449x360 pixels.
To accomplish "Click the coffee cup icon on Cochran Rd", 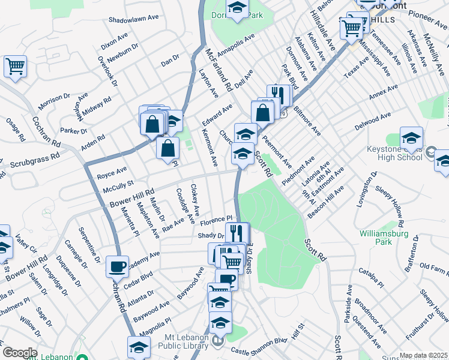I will pos(117,266).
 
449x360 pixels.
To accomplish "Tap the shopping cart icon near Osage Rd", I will pos(15,66).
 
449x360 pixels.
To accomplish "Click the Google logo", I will pos(19,353).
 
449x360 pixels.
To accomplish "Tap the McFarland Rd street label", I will pos(218,71).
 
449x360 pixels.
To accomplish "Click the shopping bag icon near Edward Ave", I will pos(263,112).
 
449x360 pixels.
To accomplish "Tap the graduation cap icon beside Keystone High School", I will pos(411,139).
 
